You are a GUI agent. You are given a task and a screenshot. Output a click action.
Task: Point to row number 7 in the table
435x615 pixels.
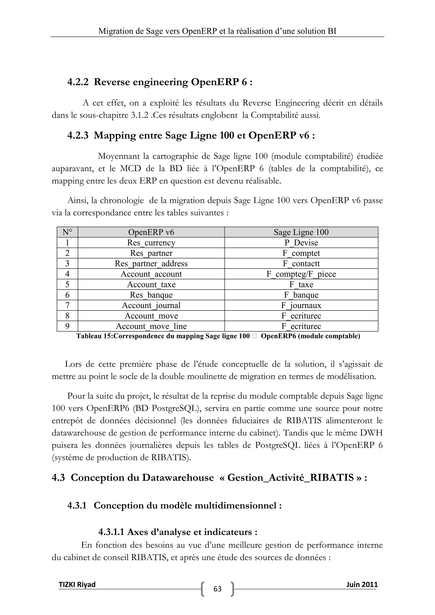click(67, 305)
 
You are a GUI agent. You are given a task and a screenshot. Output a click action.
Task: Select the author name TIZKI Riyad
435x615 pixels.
click(77, 584)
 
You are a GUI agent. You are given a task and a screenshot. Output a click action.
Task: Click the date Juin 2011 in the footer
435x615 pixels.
click(362, 584)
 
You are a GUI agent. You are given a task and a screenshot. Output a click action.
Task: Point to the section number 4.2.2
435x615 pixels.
click(78, 82)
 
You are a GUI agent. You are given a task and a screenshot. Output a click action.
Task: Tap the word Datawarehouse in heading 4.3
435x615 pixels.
click(178, 478)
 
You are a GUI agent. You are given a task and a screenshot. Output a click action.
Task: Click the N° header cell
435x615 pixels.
click(67, 232)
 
